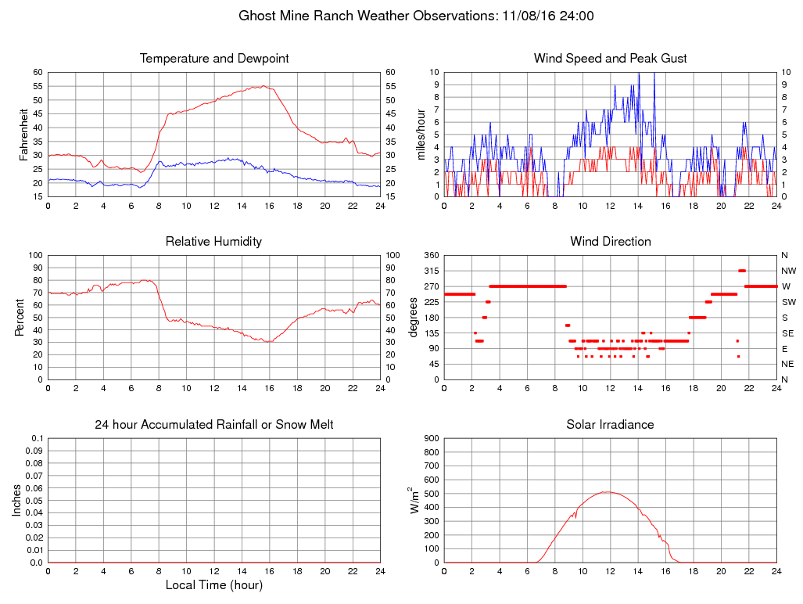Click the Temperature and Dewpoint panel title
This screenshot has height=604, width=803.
[213, 59]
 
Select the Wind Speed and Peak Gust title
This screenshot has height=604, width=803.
[610, 59]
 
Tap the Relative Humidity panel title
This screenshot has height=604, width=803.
[213, 242]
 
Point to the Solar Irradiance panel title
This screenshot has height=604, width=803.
[610, 425]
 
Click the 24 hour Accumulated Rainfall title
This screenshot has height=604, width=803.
[213, 425]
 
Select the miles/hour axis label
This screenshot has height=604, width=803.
[421, 134]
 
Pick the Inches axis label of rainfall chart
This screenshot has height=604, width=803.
[17, 500]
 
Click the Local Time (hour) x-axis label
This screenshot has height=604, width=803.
[213, 584]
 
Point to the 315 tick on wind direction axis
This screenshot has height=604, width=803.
[430, 271]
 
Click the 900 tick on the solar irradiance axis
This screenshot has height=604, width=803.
[430, 438]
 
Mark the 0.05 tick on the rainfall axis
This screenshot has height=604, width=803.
[34, 500]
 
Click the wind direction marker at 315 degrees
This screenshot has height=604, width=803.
[742, 271]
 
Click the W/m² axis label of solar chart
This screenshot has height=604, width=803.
[415, 500]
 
